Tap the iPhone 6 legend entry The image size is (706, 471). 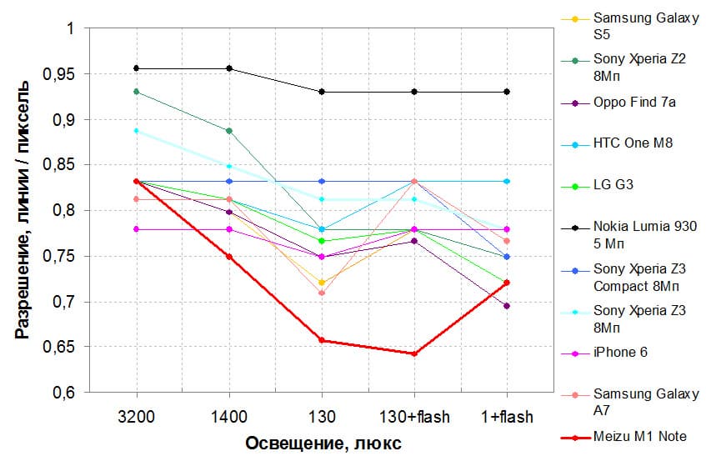pos(620,353)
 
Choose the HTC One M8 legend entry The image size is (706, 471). pos(633,143)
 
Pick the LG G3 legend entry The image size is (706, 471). pos(613,185)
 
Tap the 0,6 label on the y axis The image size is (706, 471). pos(63,393)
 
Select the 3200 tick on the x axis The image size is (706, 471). pos(136,416)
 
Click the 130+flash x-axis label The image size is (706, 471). pos(414,416)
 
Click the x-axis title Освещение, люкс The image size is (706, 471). pos(323,443)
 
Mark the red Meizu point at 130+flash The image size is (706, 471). pos(414,353)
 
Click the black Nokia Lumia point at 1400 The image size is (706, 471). pos(229,68)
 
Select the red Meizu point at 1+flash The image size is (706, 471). pos(507,283)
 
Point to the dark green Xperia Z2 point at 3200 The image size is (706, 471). pos(137,92)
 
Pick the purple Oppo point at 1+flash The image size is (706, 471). pos(507,306)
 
